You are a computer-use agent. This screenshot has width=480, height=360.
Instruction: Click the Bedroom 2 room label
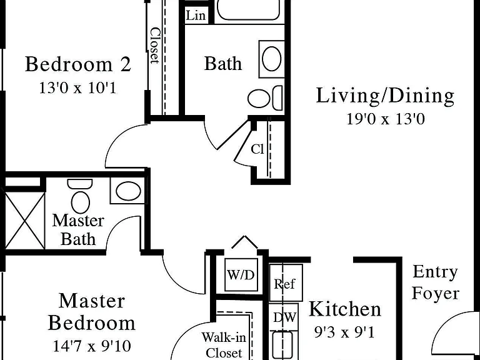click(78, 64)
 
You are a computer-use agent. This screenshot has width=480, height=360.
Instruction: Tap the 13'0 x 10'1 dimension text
click(77, 88)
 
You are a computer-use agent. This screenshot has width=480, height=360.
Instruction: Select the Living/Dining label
click(385, 96)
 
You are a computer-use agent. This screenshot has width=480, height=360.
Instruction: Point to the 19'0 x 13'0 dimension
click(386, 119)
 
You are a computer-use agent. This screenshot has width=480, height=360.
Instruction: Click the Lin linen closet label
click(196, 15)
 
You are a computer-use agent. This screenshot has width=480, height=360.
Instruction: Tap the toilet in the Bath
click(265, 98)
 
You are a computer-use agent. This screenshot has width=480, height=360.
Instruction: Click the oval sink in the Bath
click(272, 59)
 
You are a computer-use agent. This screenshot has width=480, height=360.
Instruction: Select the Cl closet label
click(257, 149)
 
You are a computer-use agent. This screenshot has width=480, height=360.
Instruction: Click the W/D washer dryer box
click(241, 274)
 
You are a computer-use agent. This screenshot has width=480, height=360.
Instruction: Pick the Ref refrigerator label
click(284, 284)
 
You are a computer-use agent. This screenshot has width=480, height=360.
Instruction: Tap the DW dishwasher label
click(285, 317)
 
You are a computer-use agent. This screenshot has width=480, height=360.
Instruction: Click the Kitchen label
click(345, 309)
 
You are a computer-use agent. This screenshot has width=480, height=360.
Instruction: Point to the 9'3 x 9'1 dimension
click(345, 332)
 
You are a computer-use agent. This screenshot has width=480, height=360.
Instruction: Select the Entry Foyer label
click(435, 282)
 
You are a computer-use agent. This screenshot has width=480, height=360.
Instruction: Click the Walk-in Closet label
click(224, 345)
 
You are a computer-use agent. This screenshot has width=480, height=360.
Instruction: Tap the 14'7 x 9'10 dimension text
click(92, 346)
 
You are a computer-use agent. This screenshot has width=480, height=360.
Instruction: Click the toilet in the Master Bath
click(80, 196)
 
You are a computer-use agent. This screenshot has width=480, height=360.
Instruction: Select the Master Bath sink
click(128, 191)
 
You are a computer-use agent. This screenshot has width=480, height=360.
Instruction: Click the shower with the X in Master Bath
click(24, 221)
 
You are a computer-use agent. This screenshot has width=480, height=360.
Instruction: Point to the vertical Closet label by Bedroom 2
click(155, 46)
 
